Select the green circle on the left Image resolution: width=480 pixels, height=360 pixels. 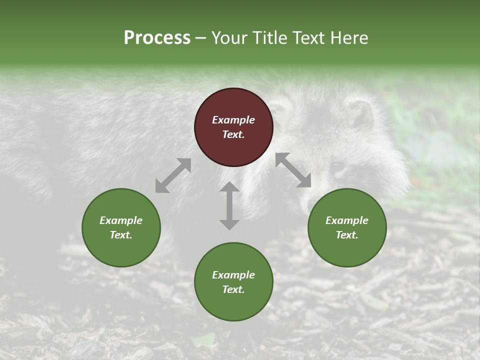pos(121,227)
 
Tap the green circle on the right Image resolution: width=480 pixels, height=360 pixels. pos(347,227)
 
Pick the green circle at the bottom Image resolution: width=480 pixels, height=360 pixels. pos(233,281)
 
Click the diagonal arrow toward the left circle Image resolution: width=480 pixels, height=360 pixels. pos(173,175)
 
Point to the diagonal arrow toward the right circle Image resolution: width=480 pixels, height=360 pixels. pos(293,170)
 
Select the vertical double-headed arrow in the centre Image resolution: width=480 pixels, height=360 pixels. pos(229,205)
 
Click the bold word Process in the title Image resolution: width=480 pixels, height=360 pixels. pos(157,37)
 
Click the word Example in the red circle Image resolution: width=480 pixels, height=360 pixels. pos(233,120)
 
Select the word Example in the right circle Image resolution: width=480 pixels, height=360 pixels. pos(347,220)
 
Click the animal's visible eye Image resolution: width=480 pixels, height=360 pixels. pos(338,165)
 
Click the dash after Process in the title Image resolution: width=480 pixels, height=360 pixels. pos(201,38)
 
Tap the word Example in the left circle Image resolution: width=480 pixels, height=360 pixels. pos(121,220)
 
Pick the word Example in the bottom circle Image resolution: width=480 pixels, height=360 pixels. pos(233,275)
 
